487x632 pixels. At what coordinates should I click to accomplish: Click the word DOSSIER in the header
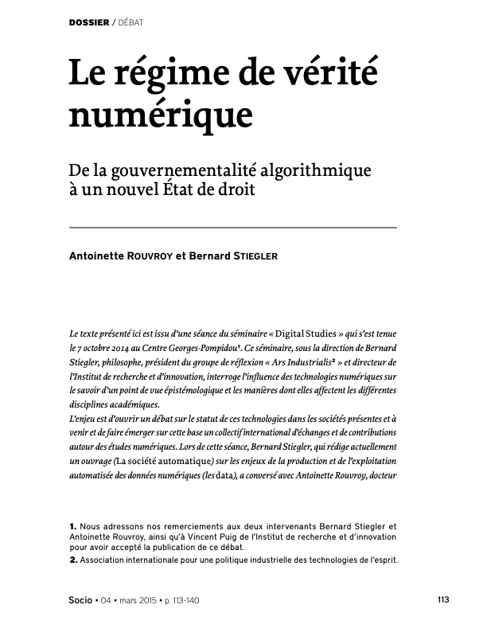click(x=90, y=21)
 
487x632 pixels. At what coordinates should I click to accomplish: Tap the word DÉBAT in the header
click(x=131, y=21)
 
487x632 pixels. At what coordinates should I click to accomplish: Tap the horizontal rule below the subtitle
click(x=232, y=228)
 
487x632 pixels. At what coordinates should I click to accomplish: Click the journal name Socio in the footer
click(x=80, y=599)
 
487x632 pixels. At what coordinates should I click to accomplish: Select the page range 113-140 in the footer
click(x=183, y=599)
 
